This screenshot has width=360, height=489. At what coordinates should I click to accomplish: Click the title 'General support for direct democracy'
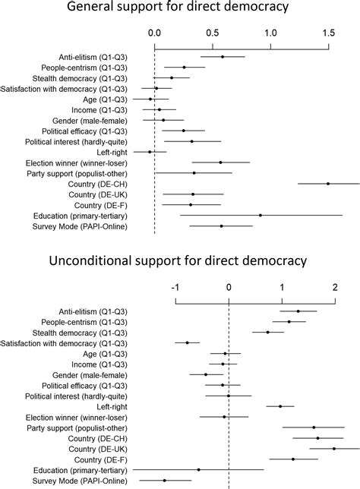tap(178, 8)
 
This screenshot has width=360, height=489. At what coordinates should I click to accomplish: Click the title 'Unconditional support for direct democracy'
tap(178, 262)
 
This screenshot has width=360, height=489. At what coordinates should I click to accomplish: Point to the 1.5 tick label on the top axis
tap(328, 34)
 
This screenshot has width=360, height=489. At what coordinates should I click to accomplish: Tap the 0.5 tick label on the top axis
tap(213, 34)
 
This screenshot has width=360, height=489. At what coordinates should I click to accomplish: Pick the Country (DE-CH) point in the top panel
tap(328, 184)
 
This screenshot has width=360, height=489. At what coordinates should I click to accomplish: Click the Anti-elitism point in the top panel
tap(223, 57)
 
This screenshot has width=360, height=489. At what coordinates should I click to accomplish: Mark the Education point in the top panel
tap(261, 216)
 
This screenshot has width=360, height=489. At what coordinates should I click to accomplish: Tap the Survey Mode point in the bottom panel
tap(164, 480)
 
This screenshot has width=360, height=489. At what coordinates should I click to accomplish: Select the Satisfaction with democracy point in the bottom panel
tap(187, 342)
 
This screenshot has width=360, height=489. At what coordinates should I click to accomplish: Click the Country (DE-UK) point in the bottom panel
tap(334, 448)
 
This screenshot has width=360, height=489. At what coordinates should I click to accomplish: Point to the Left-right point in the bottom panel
tap(280, 406)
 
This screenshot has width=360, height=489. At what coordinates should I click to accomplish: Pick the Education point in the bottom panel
tap(199, 469)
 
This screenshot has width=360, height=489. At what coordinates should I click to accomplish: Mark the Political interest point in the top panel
tap(192, 141)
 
